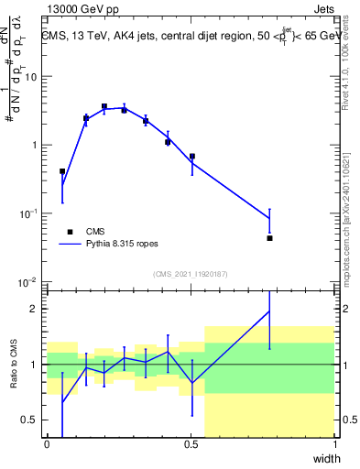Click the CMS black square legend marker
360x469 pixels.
coord(69,233)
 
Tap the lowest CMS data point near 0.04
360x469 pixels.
coord(270,238)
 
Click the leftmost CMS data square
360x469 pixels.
coord(62,171)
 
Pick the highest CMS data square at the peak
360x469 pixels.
coord(104,106)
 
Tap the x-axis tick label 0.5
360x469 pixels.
coord(191,444)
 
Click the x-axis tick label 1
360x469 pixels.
coord(335,444)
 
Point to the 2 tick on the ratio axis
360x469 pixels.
coord(37,309)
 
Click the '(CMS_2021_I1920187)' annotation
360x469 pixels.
coord(191,273)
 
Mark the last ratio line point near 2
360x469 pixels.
coord(270,311)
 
